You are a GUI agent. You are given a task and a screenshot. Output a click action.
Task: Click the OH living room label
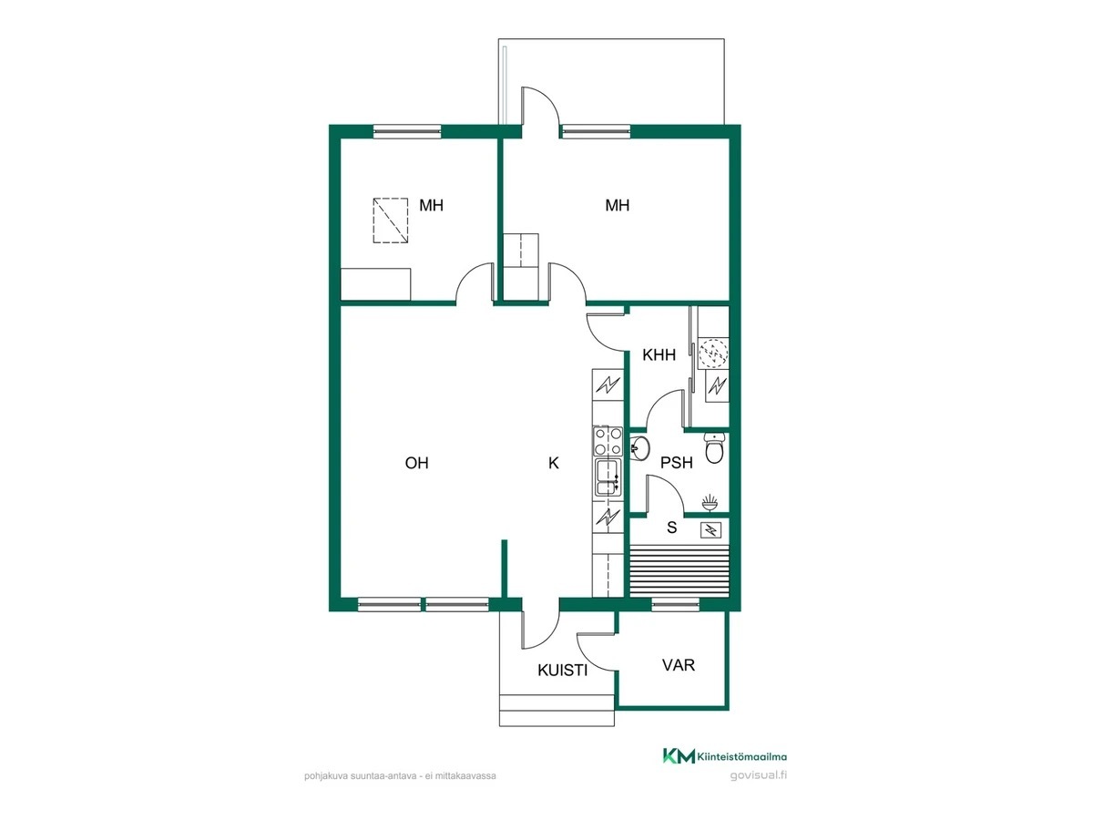tap(416, 463)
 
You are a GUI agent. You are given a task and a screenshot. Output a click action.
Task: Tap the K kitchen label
tap(553, 463)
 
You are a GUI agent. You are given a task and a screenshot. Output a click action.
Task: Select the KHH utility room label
tap(659, 355)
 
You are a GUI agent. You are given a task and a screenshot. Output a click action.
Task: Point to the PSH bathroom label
tap(676, 463)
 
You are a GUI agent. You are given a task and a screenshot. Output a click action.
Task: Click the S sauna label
tap(671, 528)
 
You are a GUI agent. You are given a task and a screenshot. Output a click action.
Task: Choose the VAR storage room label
tap(679, 665)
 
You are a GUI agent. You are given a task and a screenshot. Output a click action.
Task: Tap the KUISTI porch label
tap(563, 671)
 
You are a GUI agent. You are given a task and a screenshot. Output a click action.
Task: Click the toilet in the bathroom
tap(714, 448)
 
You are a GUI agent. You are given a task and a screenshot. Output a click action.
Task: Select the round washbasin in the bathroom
tap(640, 447)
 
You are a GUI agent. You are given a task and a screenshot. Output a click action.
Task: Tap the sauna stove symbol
tap(710, 530)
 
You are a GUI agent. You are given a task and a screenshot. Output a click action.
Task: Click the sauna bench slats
tap(679, 570)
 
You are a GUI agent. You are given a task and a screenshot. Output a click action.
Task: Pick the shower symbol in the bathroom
tap(710, 502)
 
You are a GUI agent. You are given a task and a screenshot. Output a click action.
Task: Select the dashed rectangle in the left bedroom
tap(391, 220)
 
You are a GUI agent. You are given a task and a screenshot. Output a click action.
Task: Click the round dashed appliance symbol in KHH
tap(713, 354)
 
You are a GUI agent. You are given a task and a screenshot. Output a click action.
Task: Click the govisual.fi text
tap(759, 775)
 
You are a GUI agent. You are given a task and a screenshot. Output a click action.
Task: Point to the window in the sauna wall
tap(676, 604)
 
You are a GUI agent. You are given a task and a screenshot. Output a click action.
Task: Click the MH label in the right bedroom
tap(617, 205)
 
